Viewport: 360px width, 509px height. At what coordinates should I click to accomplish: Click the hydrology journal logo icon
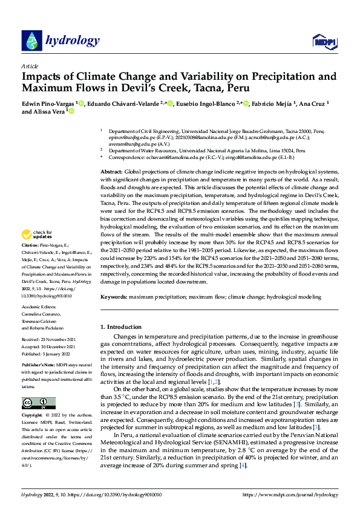[31, 41]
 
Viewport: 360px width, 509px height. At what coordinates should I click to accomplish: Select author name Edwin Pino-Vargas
[47, 104]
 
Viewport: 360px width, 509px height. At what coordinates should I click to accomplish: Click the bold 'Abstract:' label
[111, 173]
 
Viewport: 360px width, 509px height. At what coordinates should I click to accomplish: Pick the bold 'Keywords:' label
[113, 297]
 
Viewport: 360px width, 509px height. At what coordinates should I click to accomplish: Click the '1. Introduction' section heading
[121, 327]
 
